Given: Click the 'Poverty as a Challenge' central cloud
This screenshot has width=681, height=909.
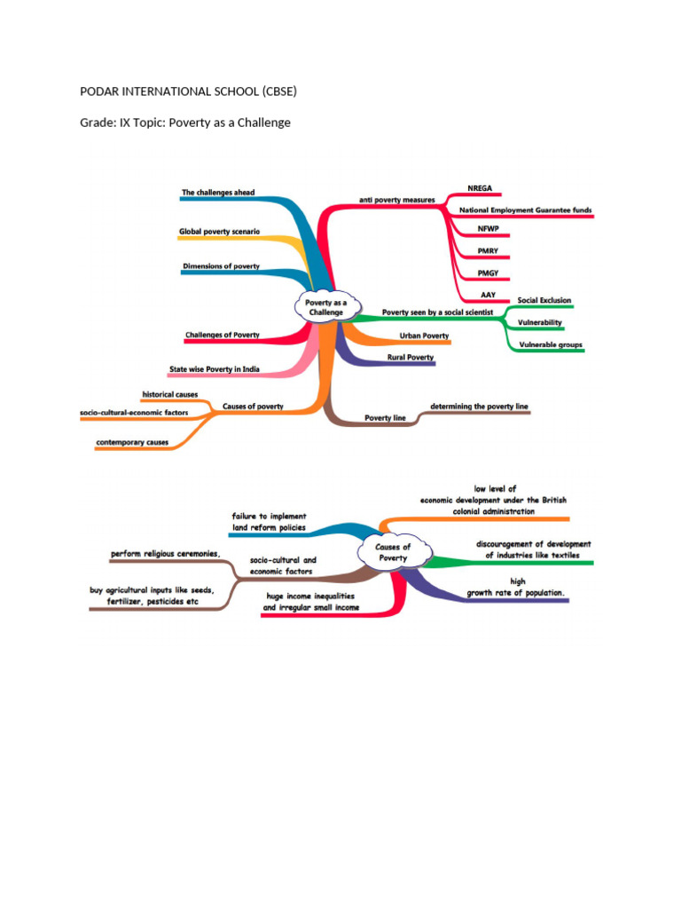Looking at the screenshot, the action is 326,307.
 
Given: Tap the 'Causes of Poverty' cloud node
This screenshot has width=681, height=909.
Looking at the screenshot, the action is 394,552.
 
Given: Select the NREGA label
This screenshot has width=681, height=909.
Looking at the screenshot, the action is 480,188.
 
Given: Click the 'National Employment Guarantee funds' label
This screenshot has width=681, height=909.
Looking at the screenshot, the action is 525,209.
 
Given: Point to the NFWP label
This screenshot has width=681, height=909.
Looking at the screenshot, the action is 489,228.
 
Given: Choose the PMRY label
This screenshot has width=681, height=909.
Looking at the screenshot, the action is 488,251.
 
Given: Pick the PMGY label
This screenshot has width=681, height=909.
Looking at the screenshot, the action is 488,273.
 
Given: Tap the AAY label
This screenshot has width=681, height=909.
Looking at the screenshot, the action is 489,295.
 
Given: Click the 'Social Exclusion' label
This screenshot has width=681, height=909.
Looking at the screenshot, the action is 544,300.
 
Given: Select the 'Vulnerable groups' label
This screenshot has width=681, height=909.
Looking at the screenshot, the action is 551,344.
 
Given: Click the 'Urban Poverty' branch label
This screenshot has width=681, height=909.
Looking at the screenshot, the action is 424,336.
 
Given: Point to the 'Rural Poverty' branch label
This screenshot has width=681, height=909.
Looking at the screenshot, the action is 411,357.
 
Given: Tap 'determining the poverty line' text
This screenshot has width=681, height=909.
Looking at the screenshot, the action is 479,407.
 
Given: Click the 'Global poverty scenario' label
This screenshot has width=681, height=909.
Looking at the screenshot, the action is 220,232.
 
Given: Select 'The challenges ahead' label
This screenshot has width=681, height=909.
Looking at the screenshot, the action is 218,193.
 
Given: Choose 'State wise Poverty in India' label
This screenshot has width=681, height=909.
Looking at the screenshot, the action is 215,368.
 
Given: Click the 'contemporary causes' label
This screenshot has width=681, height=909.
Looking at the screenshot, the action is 132,442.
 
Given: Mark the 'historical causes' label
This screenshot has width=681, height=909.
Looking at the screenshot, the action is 169,394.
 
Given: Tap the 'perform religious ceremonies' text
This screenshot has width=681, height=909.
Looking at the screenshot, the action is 165,554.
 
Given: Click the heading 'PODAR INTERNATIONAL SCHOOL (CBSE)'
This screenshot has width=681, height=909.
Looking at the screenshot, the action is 188,91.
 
